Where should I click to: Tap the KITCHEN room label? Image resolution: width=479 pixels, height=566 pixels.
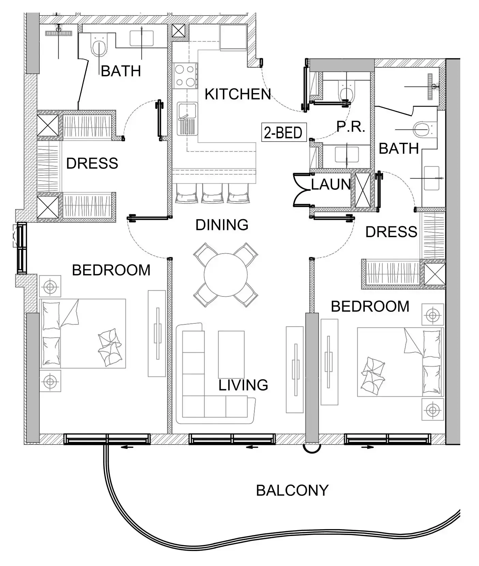pos(238,94)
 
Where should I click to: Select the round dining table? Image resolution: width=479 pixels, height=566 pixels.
pos(226,275)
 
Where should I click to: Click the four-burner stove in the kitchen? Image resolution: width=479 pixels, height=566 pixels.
pos(185,76)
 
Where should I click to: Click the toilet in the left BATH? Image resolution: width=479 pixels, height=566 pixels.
pos(99,46)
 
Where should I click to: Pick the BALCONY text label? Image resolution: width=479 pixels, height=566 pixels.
pos(292,490)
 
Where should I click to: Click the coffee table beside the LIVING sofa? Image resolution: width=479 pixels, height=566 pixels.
pos(231,353)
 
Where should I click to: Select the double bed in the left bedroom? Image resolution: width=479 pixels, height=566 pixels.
pos(83,333)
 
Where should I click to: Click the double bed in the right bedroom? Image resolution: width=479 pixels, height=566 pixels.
pos(400,362)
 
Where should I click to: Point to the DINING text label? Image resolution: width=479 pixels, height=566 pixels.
pos(222,225)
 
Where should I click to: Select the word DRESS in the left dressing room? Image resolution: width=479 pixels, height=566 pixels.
pos(92,163)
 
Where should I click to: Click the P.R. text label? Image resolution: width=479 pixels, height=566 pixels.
pos(351,127)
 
